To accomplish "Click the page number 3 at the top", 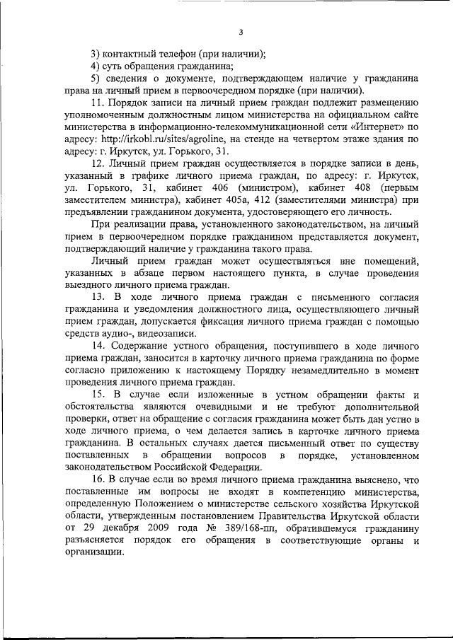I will [241, 31].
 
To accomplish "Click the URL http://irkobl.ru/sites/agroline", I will [164, 140].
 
